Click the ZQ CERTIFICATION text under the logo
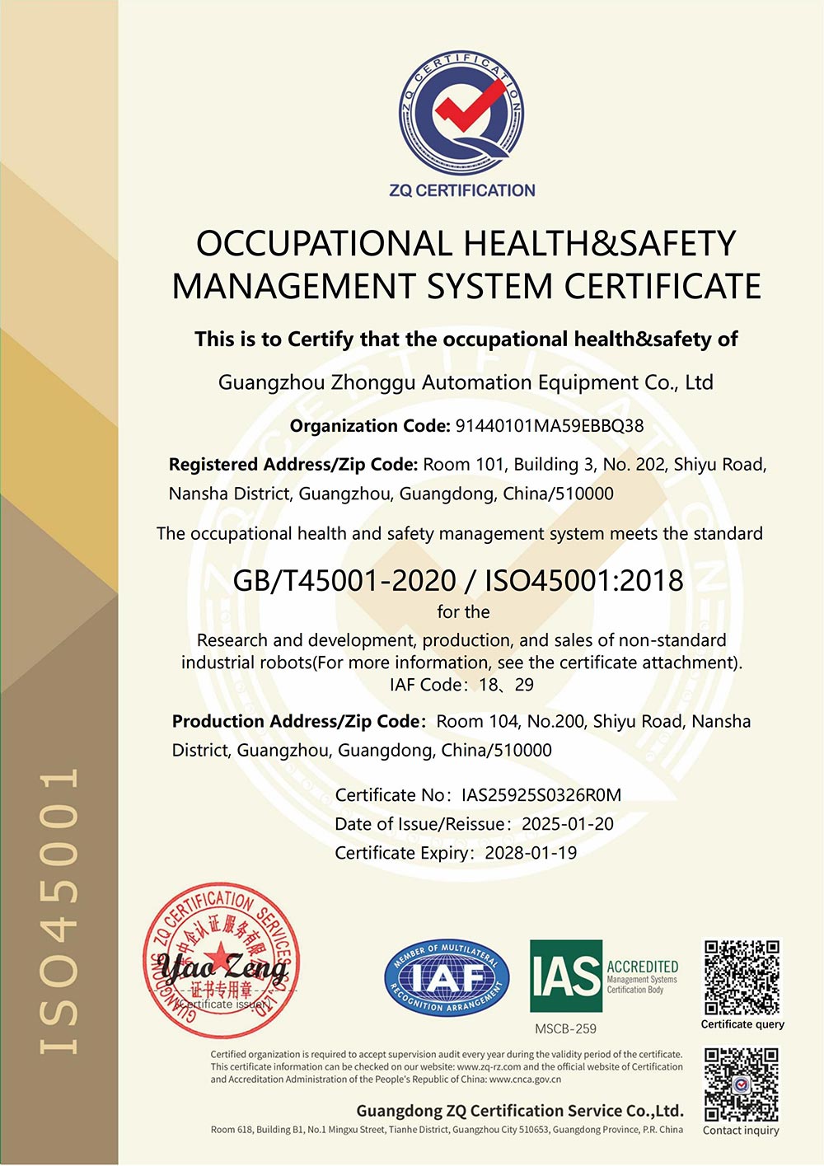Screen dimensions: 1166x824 point(462,190)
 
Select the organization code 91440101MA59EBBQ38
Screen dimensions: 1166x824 point(550,426)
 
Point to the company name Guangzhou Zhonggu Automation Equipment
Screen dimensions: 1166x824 point(466,382)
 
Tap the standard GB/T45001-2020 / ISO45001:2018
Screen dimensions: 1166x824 point(458,580)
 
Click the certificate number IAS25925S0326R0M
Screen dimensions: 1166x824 point(541,795)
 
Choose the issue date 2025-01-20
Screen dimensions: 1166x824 point(568,824)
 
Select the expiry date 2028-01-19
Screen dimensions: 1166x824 point(531,853)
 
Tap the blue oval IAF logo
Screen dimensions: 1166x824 point(447,978)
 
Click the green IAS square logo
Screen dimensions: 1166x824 point(566,976)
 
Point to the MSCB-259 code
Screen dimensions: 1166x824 point(565,1028)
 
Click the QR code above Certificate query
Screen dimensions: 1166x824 point(742,977)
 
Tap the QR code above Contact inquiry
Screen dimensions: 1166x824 point(742,1084)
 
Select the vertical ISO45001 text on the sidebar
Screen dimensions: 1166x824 point(59,911)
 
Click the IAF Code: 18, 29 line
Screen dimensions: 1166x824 point(461,685)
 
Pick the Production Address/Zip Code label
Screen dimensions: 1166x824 point(299,722)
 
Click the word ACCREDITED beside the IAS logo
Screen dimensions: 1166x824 point(643,966)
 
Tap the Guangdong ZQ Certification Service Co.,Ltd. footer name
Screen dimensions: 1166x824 point(520,1110)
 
